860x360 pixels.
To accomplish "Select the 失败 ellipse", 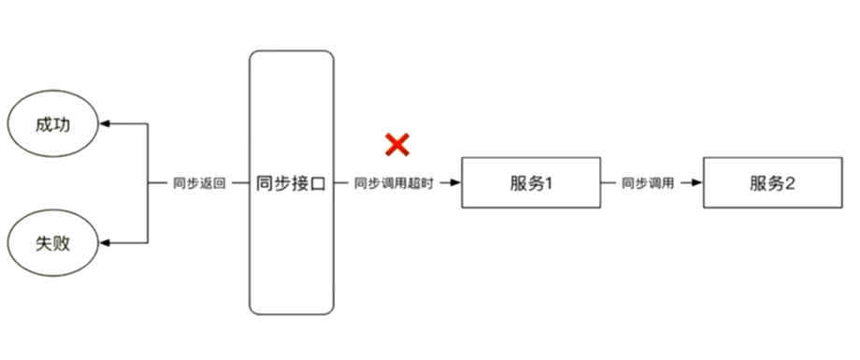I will pos(54,243).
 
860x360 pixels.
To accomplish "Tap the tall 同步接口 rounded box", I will pos(291,182).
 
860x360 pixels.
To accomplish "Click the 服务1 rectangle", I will pos(532,183).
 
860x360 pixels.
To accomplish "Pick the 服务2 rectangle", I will pos(772,183).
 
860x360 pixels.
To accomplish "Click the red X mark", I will pos(398,144).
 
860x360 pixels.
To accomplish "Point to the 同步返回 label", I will pos(199,183).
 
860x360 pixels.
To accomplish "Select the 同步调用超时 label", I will pos(394,183).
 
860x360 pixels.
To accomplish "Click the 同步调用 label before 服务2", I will pos(648,183).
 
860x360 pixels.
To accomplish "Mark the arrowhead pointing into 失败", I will pos(106,243).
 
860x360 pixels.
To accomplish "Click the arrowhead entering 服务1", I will pos(456,183).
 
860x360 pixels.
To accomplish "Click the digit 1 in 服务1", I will pos(551,183).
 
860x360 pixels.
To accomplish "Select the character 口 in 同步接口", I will pos(317,183).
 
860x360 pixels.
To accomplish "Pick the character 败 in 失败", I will pos(63,243).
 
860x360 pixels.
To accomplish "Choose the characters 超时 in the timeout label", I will pos(421,183).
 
